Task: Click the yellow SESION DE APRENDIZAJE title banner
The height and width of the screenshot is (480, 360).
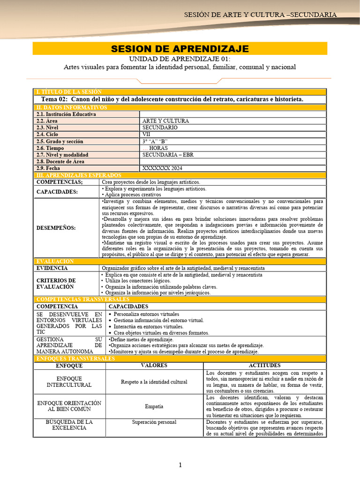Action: coord(180,49)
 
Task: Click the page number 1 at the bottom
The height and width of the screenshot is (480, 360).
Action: coord(180,465)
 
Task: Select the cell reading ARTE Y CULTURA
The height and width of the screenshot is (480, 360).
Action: coord(165,121)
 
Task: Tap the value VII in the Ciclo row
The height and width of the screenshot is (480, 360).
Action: coord(146,135)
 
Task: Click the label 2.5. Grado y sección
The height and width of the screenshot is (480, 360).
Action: coord(60,141)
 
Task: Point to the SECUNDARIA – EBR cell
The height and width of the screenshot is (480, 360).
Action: coord(167,155)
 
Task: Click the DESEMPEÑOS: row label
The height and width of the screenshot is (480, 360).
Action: coord(56,228)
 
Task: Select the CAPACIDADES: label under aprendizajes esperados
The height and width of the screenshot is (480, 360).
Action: coord(58,192)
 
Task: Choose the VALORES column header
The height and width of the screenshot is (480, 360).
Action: coord(154,366)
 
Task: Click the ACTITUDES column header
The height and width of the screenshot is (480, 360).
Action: coord(264,366)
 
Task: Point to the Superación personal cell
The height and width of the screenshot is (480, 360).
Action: coord(154,422)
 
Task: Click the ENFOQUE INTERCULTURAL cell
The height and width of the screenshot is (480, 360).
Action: coord(69,382)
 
